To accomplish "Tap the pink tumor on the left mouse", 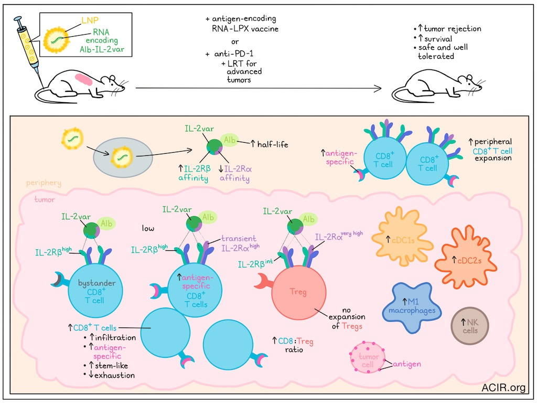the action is (84, 80).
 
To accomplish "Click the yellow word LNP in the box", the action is (90, 20).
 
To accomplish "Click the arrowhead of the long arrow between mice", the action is (378, 88).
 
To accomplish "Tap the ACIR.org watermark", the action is (503, 388).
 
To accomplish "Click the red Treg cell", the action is (298, 292).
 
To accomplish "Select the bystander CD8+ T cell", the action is (95, 291).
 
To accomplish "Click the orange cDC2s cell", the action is (466, 257).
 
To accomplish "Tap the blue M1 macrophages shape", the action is (411, 306).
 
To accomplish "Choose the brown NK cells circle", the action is (470, 326).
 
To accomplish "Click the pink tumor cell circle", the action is (368, 357).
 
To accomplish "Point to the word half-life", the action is (273, 145).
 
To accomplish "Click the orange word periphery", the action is (44, 183).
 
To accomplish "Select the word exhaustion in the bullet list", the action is (114, 375).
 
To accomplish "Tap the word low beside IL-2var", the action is (148, 228).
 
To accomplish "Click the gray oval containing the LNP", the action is (123, 156).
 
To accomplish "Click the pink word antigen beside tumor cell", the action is (407, 364).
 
